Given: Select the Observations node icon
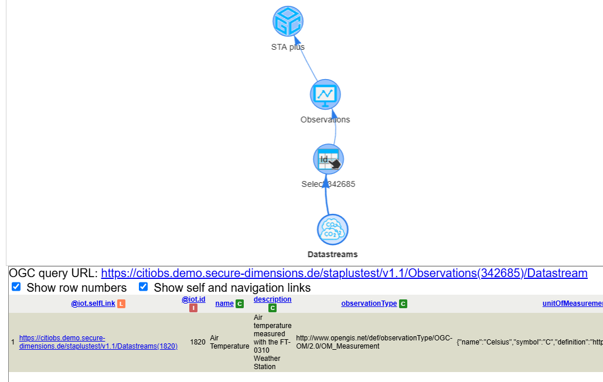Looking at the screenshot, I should [325, 94].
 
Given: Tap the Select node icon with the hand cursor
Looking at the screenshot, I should [328, 159].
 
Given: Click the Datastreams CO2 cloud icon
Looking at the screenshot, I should [333, 229].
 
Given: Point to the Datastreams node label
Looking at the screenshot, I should [332, 254].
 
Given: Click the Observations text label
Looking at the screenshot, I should [325, 120].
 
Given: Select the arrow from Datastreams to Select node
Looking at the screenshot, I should [328, 199].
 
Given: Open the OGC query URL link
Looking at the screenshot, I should [344, 273].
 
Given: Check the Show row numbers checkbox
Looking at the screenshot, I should [16, 287].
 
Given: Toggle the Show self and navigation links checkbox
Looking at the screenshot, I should [144, 287].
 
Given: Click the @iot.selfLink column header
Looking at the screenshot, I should [93, 303].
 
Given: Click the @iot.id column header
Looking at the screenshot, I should [193, 299].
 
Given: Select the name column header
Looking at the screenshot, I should [224, 303].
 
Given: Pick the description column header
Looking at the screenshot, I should [272, 299].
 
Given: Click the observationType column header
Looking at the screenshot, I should [369, 303].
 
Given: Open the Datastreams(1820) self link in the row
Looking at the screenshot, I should [98, 342].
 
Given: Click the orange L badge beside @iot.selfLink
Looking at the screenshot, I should [121, 303].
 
